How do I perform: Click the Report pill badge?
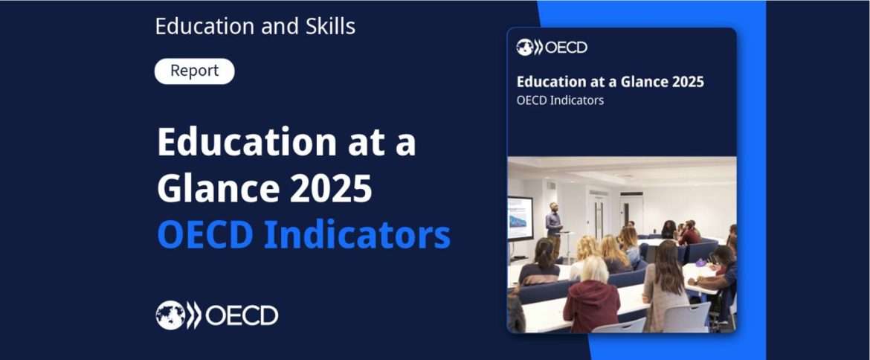click(194, 71)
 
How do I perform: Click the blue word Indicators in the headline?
click(357, 234)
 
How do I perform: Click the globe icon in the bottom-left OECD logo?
click(170, 315)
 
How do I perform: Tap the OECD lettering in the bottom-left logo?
click(242, 315)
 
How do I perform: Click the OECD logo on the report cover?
click(552, 48)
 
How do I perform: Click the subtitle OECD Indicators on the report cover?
click(560, 100)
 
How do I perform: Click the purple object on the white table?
click(700, 263)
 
